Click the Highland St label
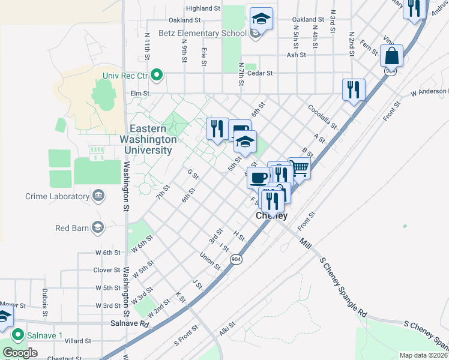[203, 8]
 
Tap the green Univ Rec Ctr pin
[157, 75]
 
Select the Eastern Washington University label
[154, 139]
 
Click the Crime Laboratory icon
[98, 196]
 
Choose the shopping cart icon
[299, 168]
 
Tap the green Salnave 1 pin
[18, 334]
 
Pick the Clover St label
[107, 270]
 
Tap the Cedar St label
[262, 73]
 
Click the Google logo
[19, 353]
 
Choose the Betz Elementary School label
[202, 33]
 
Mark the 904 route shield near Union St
[234, 259]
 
